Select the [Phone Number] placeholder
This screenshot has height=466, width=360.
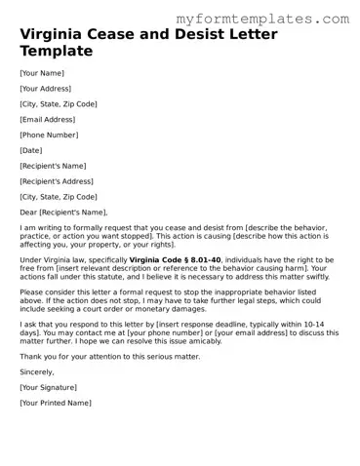48,135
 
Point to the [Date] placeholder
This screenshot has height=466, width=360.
31,150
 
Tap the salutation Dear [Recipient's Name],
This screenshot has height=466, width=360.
63,213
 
